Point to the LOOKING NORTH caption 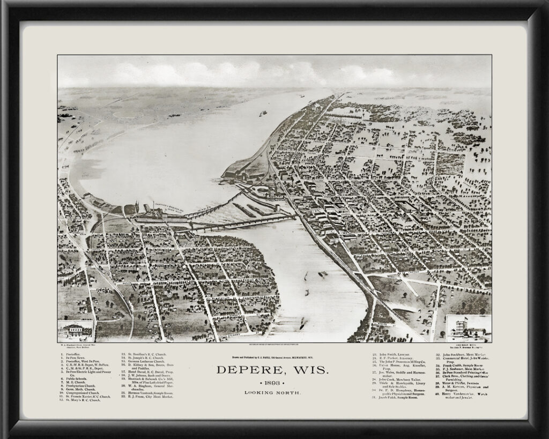[x=273, y=393]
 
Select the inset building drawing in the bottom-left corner [x=75, y=331]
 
